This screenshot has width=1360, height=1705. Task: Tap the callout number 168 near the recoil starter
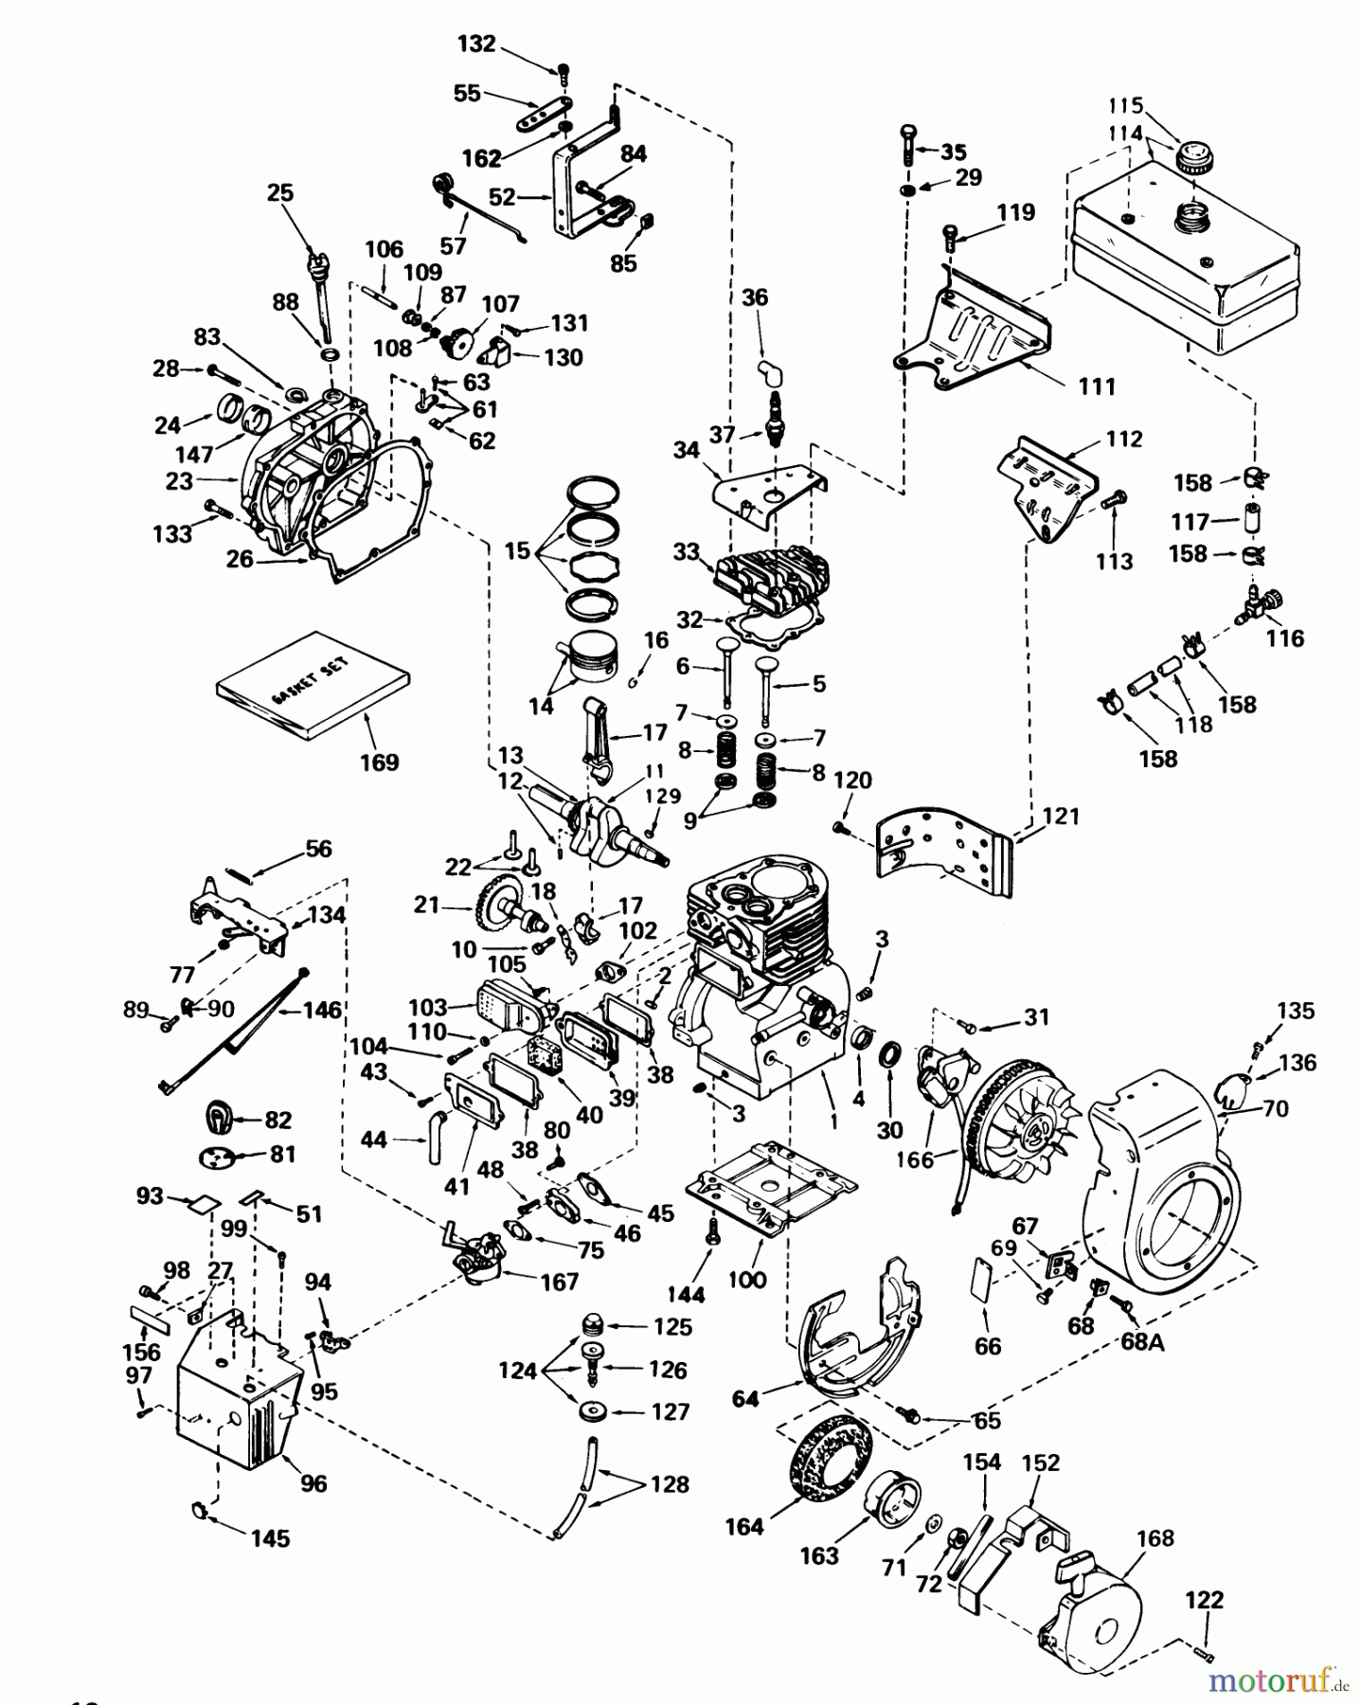point(1154,1538)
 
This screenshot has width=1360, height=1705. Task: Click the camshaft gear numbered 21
point(502,904)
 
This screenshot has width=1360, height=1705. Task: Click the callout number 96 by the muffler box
point(313,1484)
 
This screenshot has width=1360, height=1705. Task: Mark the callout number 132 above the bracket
point(475,43)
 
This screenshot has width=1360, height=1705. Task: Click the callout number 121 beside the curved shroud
point(1060,816)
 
